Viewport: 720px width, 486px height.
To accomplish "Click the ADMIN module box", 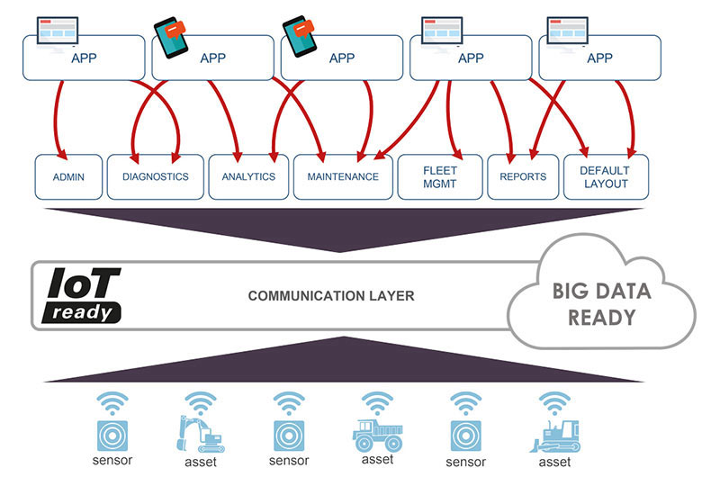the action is pos(68,177).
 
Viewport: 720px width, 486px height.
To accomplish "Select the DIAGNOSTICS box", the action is pos(155,177).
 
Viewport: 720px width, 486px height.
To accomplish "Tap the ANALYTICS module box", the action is pos(248,177).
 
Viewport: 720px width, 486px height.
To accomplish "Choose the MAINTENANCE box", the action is pos(343,177).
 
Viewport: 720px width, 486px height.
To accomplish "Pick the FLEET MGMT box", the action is pos(440,177).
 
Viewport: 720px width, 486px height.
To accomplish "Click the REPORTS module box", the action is pos(523,177).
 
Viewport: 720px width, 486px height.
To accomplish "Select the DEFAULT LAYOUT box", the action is pos(606,177).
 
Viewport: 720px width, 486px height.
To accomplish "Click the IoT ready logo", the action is pos(82,295).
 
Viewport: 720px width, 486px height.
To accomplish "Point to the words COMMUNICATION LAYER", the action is pos(331,296).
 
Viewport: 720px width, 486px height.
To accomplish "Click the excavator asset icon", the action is pos(200,434).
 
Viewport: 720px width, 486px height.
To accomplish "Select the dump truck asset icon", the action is pos(377,434).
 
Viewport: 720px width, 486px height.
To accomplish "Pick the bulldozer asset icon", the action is pos(554,436).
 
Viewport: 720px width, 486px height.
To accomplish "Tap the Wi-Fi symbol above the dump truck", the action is pos(377,404).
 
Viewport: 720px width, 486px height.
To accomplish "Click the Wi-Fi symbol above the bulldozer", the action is pos(554,404).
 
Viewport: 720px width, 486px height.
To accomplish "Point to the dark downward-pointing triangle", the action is pos(342,225).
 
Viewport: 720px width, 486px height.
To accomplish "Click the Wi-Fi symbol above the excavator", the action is pos(200,404).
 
